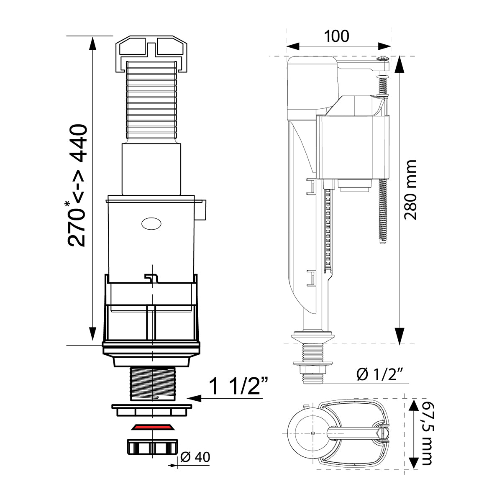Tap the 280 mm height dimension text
pos(412,189)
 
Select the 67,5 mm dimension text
pos(426,433)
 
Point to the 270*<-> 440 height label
pos(78,184)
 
